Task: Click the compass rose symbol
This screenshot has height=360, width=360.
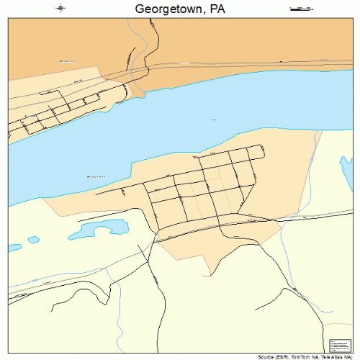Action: (x=60, y=9)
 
